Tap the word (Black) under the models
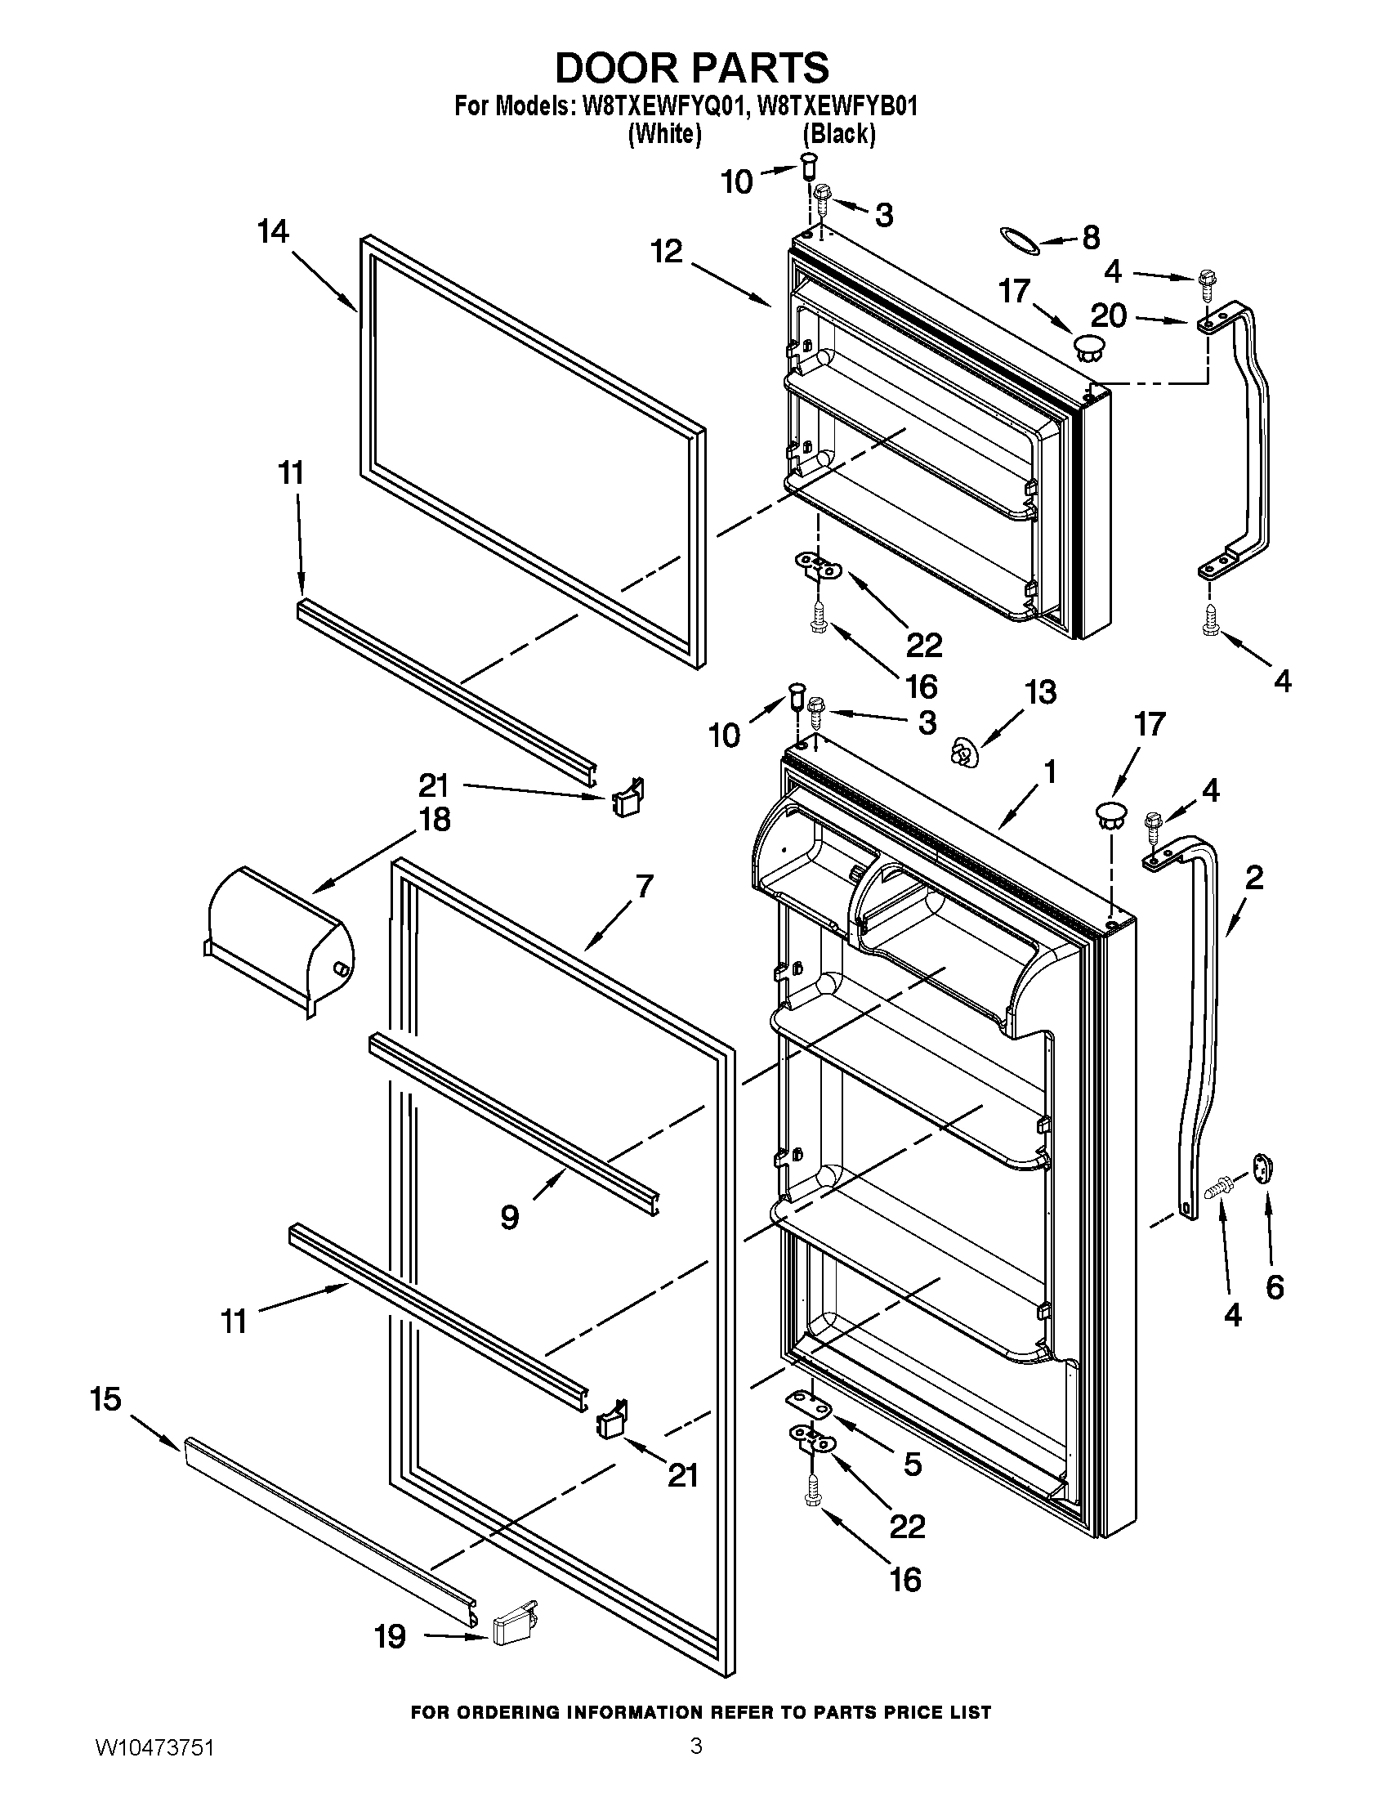tap(838, 133)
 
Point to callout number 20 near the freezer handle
tap(1108, 315)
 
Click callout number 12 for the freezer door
tap(667, 251)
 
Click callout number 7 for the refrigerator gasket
tap(644, 887)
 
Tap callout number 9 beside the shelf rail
tap(509, 1216)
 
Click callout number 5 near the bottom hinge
tap(913, 1464)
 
